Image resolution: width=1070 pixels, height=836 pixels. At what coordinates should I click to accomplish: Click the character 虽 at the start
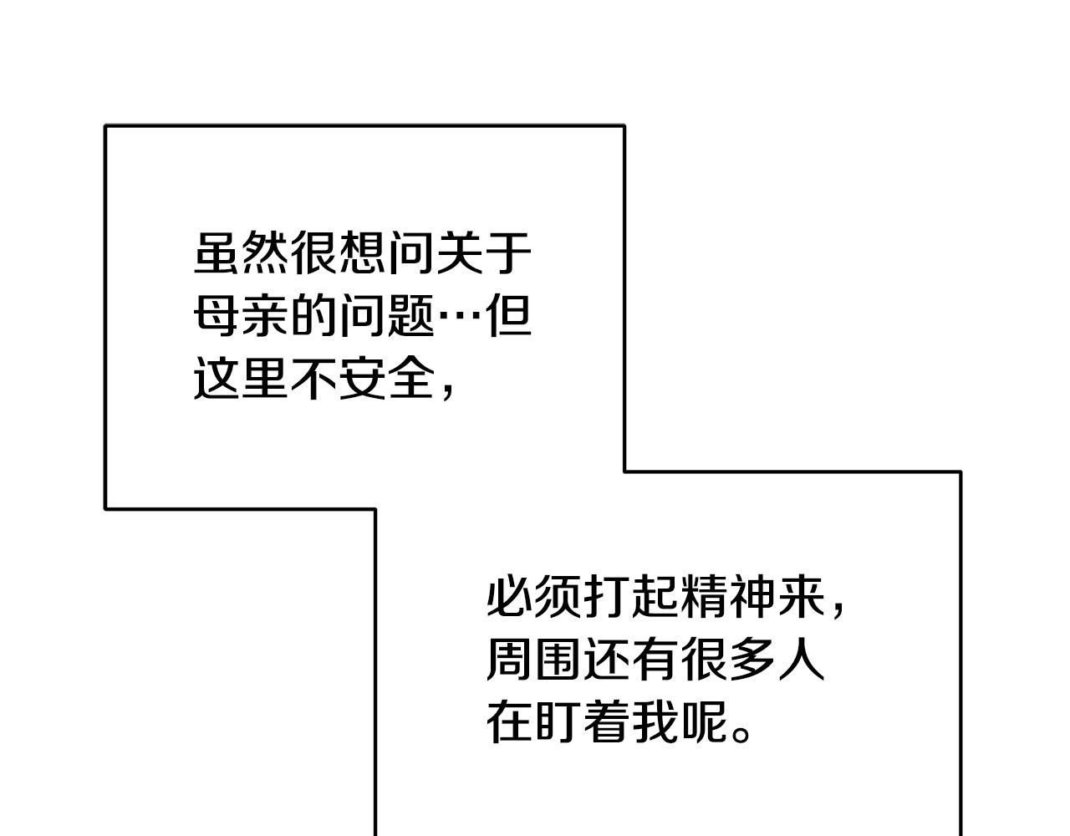coord(218,252)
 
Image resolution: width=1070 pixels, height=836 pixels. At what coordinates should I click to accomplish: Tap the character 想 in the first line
coord(363,252)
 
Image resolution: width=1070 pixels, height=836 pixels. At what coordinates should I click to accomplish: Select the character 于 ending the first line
coord(508,252)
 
